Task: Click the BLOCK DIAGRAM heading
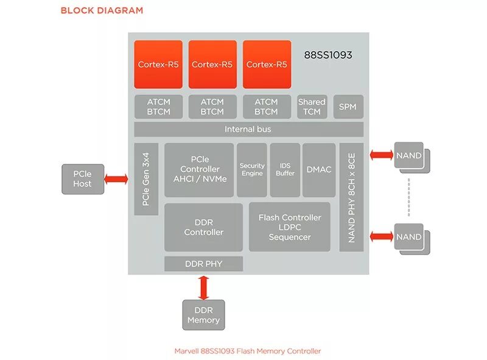pos(102,10)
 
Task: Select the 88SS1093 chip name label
pos(328,55)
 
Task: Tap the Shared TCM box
pos(312,107)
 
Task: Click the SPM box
pos(348,107)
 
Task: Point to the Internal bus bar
pos(248,129)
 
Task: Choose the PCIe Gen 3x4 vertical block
pos(146,178)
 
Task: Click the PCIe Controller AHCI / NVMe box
pos(199,169)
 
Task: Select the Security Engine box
pos(252,169)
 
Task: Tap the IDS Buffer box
pos(285,169)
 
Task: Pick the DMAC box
pos(319,169)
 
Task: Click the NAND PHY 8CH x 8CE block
pos(351,197)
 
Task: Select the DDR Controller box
pos(203,227)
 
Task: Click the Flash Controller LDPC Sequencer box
pos(289,227)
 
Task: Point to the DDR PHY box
pos(203,264)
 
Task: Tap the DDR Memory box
pos(203,315)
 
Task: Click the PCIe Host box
pos(82,179)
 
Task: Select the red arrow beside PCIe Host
pos(116,179)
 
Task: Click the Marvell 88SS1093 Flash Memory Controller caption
pos(248,351)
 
